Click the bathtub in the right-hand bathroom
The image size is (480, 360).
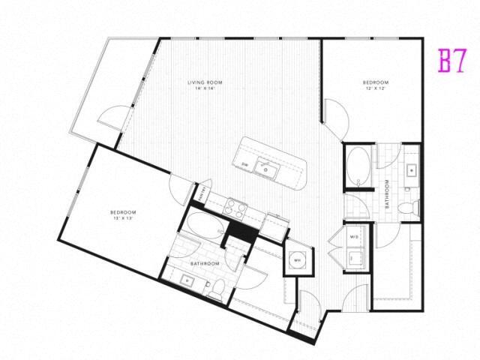click(357, 167)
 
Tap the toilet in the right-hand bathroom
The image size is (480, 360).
click(409, 208)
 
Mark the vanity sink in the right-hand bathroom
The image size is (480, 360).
click(411, 169)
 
